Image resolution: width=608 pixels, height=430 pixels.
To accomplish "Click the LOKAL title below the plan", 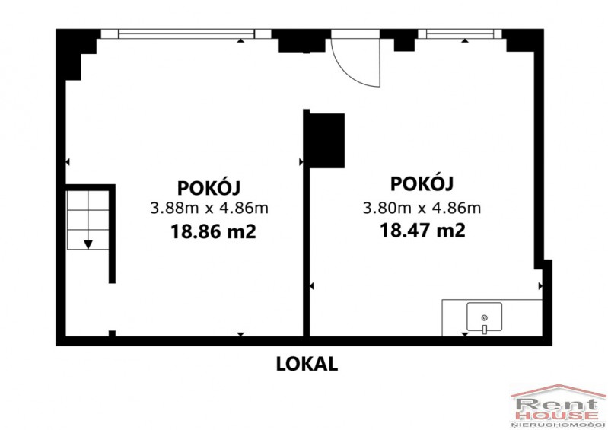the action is [x=307, y=364].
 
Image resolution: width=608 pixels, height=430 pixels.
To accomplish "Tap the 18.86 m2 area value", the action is [x=213, y=232].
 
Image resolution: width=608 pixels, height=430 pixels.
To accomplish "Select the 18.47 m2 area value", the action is [x=422, y=231].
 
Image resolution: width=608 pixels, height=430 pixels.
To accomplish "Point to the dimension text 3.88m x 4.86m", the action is [x=209, y=209].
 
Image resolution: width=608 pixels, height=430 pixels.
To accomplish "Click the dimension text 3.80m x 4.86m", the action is [x=422, y=208].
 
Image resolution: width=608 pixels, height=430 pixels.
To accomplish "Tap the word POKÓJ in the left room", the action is [x=209, y=187].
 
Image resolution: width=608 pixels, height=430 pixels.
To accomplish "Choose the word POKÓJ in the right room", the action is [x=422, y=183].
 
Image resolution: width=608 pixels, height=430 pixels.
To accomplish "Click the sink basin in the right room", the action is [x=484, y=317].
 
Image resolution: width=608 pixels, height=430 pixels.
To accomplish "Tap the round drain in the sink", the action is [x=484, y=318].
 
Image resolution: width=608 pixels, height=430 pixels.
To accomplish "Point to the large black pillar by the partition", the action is [x=327, y=141].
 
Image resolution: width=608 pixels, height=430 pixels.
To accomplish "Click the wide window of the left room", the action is [x=186, y=34].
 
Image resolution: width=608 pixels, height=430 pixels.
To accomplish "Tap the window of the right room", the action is [x=460, y=34].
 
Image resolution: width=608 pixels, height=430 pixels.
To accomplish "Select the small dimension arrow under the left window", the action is [x=240, y=40].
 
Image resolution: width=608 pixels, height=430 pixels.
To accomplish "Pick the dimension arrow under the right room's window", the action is [x=465, y=40].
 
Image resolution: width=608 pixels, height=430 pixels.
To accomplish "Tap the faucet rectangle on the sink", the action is [x=484, y=330].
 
